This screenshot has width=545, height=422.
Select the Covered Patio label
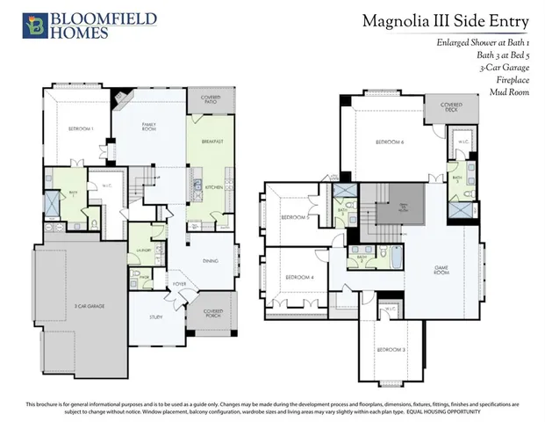(x=210, y=99)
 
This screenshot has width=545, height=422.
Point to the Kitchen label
(x=213, y=187)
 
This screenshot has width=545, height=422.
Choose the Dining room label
(x=212, y=260)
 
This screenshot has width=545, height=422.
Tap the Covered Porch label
(x=212, y=313)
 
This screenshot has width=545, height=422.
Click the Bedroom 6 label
(x=389, y=142)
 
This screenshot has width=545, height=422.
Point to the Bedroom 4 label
(x=300, y=279)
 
